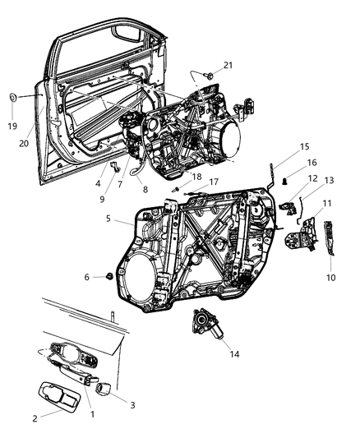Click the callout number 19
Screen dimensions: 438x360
(x=12, y=127)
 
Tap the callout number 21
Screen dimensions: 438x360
(x=205, y=65)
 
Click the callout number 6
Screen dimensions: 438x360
(x=86, y=278)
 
